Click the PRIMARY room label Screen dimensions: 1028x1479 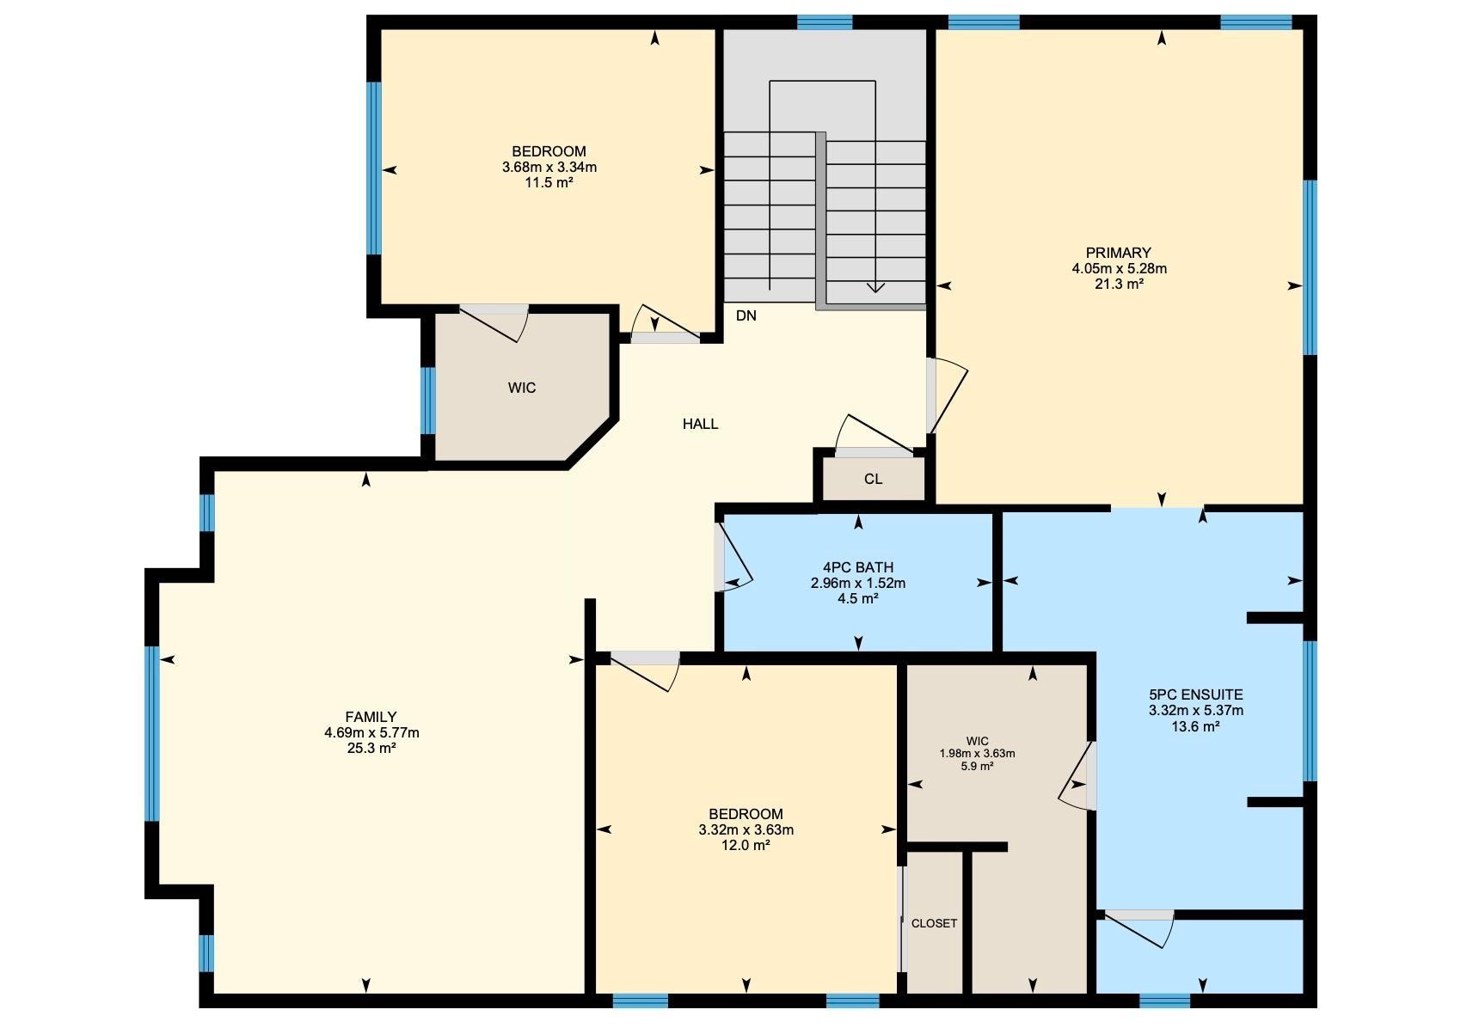pyautogui.click(x=1118, y=253)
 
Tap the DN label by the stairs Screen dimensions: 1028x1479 pyautogui.click(x=746, y=315)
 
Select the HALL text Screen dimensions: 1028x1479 pyautogui.click(x=700, y=424)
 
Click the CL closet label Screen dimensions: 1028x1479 pyautogui.click(x=873, y=479)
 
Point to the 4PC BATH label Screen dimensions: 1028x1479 pyautogui.click(x=857, y=567)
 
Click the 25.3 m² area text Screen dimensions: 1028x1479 pyautogui.click(x=371, y=748)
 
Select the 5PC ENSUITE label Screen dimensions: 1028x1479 pyautogui.click(x=1195, y=695)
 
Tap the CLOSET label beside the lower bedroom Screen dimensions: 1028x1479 pyautogui.click(x=934, y=923)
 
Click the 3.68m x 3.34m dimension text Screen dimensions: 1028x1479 pyautogui.click(x=549, y=167)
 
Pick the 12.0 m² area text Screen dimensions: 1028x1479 pyautogui.click(x=746, y=845)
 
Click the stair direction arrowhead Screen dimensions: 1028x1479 pyautogui.click(x=875, y=288)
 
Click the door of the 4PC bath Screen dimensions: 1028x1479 pyautogui.click(x=733, y=559)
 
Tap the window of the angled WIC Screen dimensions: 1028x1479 pyautogui.click(x=427, y=400)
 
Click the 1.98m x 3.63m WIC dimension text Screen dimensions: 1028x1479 pyautogui.click(x=977, y=753)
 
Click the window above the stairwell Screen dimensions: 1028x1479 pyautogui.click(x=824, y=22)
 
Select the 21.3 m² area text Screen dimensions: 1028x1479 pyautogui.click(x=1118, y=284)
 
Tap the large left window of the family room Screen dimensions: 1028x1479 pyautogui.click(x=152, y=733)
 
